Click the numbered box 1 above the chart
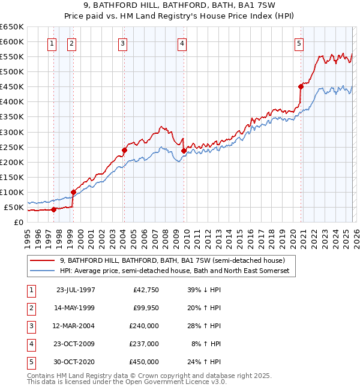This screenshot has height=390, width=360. coord(52,43)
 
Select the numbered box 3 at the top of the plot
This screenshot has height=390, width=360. coord(122,43)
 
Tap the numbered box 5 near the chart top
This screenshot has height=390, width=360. coord(299,43)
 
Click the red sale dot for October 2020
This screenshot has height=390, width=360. coord(301,86)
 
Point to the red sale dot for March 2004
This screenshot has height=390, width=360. coord(124,150)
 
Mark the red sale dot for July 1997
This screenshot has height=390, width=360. coord(53,209)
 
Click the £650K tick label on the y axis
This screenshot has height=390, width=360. coord(11,27)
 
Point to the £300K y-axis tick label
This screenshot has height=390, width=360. coord(11,132)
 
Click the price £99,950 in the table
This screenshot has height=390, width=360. coord(144,307)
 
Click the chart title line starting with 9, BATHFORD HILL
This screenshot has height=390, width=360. coord(180,7)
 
